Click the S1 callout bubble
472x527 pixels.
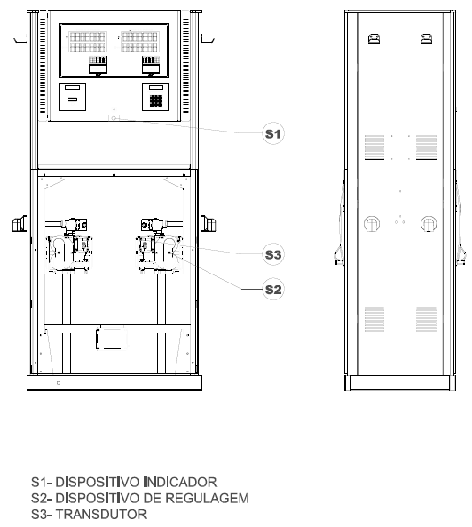(273, 134)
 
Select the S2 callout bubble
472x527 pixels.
(273, 289)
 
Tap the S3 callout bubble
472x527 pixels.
(273, 254)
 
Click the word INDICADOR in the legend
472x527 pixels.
(180, 482)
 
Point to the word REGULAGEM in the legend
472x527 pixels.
(207, 498)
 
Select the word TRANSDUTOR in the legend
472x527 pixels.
(101, 514)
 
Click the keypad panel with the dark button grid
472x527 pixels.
(156, 97)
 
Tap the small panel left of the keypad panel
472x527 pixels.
(72, 97)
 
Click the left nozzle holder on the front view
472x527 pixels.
(19, 223)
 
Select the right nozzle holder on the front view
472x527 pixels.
(209, 223)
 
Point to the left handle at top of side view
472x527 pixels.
(374, 39)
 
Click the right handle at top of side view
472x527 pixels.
(426, 39)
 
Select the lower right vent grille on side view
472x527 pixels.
(426, 319)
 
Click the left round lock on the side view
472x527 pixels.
(372, 223)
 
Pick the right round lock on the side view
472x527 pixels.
(429, 223)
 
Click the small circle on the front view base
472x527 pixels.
(58, 383)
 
